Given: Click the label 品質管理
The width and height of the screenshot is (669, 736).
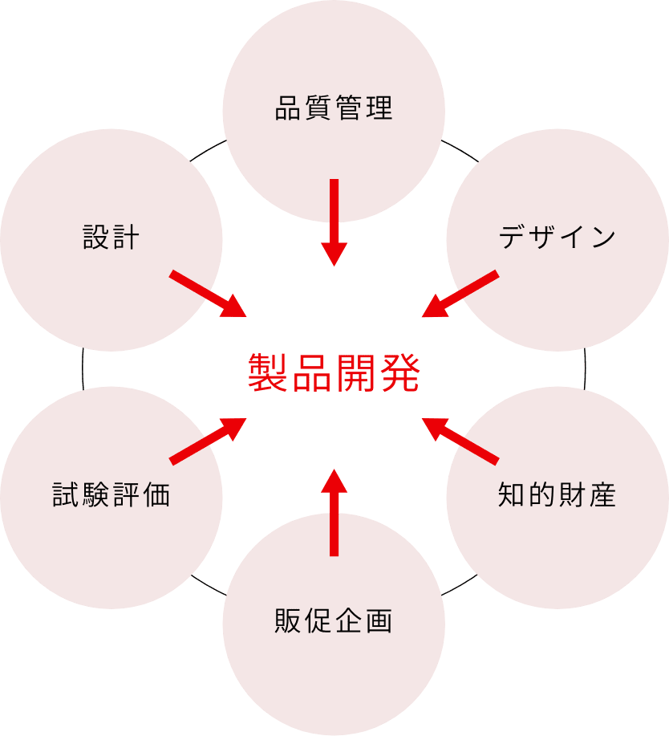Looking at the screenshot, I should point(334,108).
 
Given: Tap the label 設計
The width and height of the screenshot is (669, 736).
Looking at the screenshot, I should point(111,238).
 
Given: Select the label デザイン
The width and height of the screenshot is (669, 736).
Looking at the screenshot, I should point(557,238).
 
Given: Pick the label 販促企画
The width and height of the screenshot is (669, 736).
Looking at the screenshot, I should point(334,620).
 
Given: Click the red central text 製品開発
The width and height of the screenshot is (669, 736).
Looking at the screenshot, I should point(334,372).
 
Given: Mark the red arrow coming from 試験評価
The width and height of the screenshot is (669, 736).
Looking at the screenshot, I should point(208,440).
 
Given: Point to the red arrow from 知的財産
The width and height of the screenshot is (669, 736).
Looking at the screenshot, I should point(460,440).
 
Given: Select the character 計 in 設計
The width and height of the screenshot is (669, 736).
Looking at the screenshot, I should point(126,238).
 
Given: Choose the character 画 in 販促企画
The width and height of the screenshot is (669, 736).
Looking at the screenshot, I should point(379,620).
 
